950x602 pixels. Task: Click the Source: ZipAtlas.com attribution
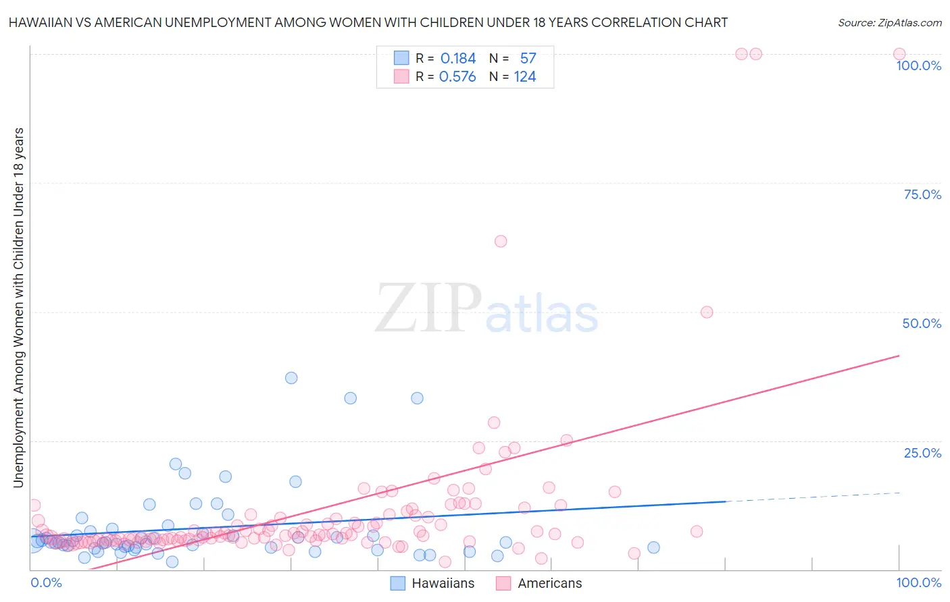[889, 22]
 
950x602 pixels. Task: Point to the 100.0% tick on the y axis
[918, 65]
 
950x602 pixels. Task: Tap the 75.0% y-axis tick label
[922, 194]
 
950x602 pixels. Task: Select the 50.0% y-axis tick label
[922, 323]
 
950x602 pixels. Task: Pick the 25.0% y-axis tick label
[922, 452]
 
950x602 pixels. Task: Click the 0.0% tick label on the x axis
[46, 582]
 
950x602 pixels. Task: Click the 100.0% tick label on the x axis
[918, 582]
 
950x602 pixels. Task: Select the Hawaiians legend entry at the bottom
[433, 583]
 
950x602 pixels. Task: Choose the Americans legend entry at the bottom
[539, 583]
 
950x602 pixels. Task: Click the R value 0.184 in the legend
[457, 59]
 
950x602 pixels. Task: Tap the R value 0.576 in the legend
[457, 77]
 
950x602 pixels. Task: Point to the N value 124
[525, 77]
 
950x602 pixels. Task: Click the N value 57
[528, 59]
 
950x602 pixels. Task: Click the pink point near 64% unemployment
[501, 241]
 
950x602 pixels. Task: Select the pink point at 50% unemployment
[707, 312]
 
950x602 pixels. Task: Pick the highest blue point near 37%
[291, 378]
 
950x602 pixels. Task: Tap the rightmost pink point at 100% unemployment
[899, 54]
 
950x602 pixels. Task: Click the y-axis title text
[19, 307]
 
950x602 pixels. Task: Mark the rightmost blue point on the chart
[653, 547]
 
